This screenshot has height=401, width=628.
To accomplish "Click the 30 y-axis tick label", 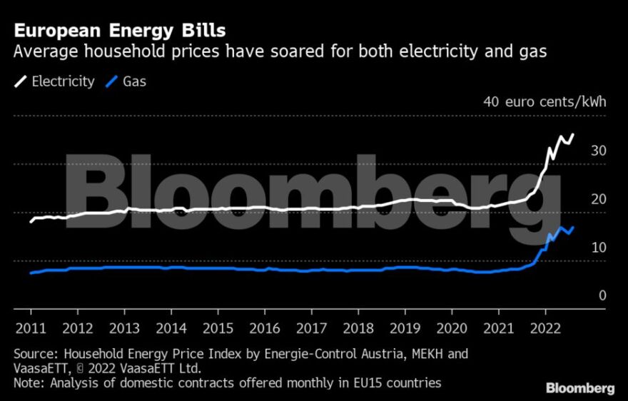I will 598,151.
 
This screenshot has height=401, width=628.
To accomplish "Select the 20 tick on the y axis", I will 598,199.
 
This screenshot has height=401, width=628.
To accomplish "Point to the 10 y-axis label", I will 598,248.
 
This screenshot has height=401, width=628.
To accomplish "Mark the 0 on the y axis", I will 602,295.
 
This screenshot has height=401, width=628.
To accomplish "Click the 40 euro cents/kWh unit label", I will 545,101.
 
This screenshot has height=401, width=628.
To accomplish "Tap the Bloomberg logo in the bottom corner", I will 580,389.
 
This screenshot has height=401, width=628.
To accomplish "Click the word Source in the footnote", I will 35,353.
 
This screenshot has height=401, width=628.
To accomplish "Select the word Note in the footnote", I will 29,383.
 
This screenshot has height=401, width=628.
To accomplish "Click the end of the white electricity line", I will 574,134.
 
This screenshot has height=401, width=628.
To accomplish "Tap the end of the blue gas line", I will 574,227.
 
